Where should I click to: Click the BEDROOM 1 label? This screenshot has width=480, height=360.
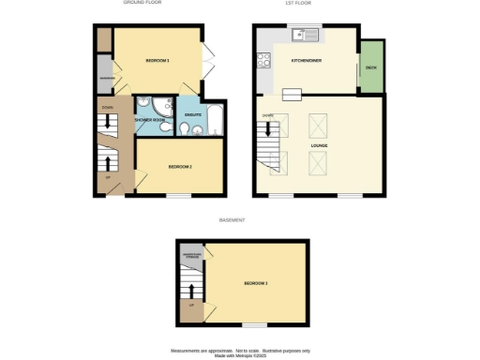pos(157,61)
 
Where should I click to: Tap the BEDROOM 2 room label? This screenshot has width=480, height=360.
pos(180,167)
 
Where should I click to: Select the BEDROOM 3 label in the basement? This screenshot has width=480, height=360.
pos(256,282)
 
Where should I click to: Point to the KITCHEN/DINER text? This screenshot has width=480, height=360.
pos(307,61)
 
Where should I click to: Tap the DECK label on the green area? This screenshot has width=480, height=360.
pos(372,68)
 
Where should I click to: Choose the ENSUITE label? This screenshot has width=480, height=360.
pos(190,115)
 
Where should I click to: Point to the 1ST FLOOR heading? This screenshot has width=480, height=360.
pos(298,4)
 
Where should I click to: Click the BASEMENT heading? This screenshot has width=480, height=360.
pos(232,220)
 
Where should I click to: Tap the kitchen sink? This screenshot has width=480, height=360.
pos(305,36)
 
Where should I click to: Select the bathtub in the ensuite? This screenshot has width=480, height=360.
pos(215,116)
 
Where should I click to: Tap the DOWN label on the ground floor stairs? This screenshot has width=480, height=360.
pos(106,108)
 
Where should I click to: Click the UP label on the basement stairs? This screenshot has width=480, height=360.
pos(191,306)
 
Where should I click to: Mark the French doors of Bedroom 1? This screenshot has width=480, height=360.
pos(209,61)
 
